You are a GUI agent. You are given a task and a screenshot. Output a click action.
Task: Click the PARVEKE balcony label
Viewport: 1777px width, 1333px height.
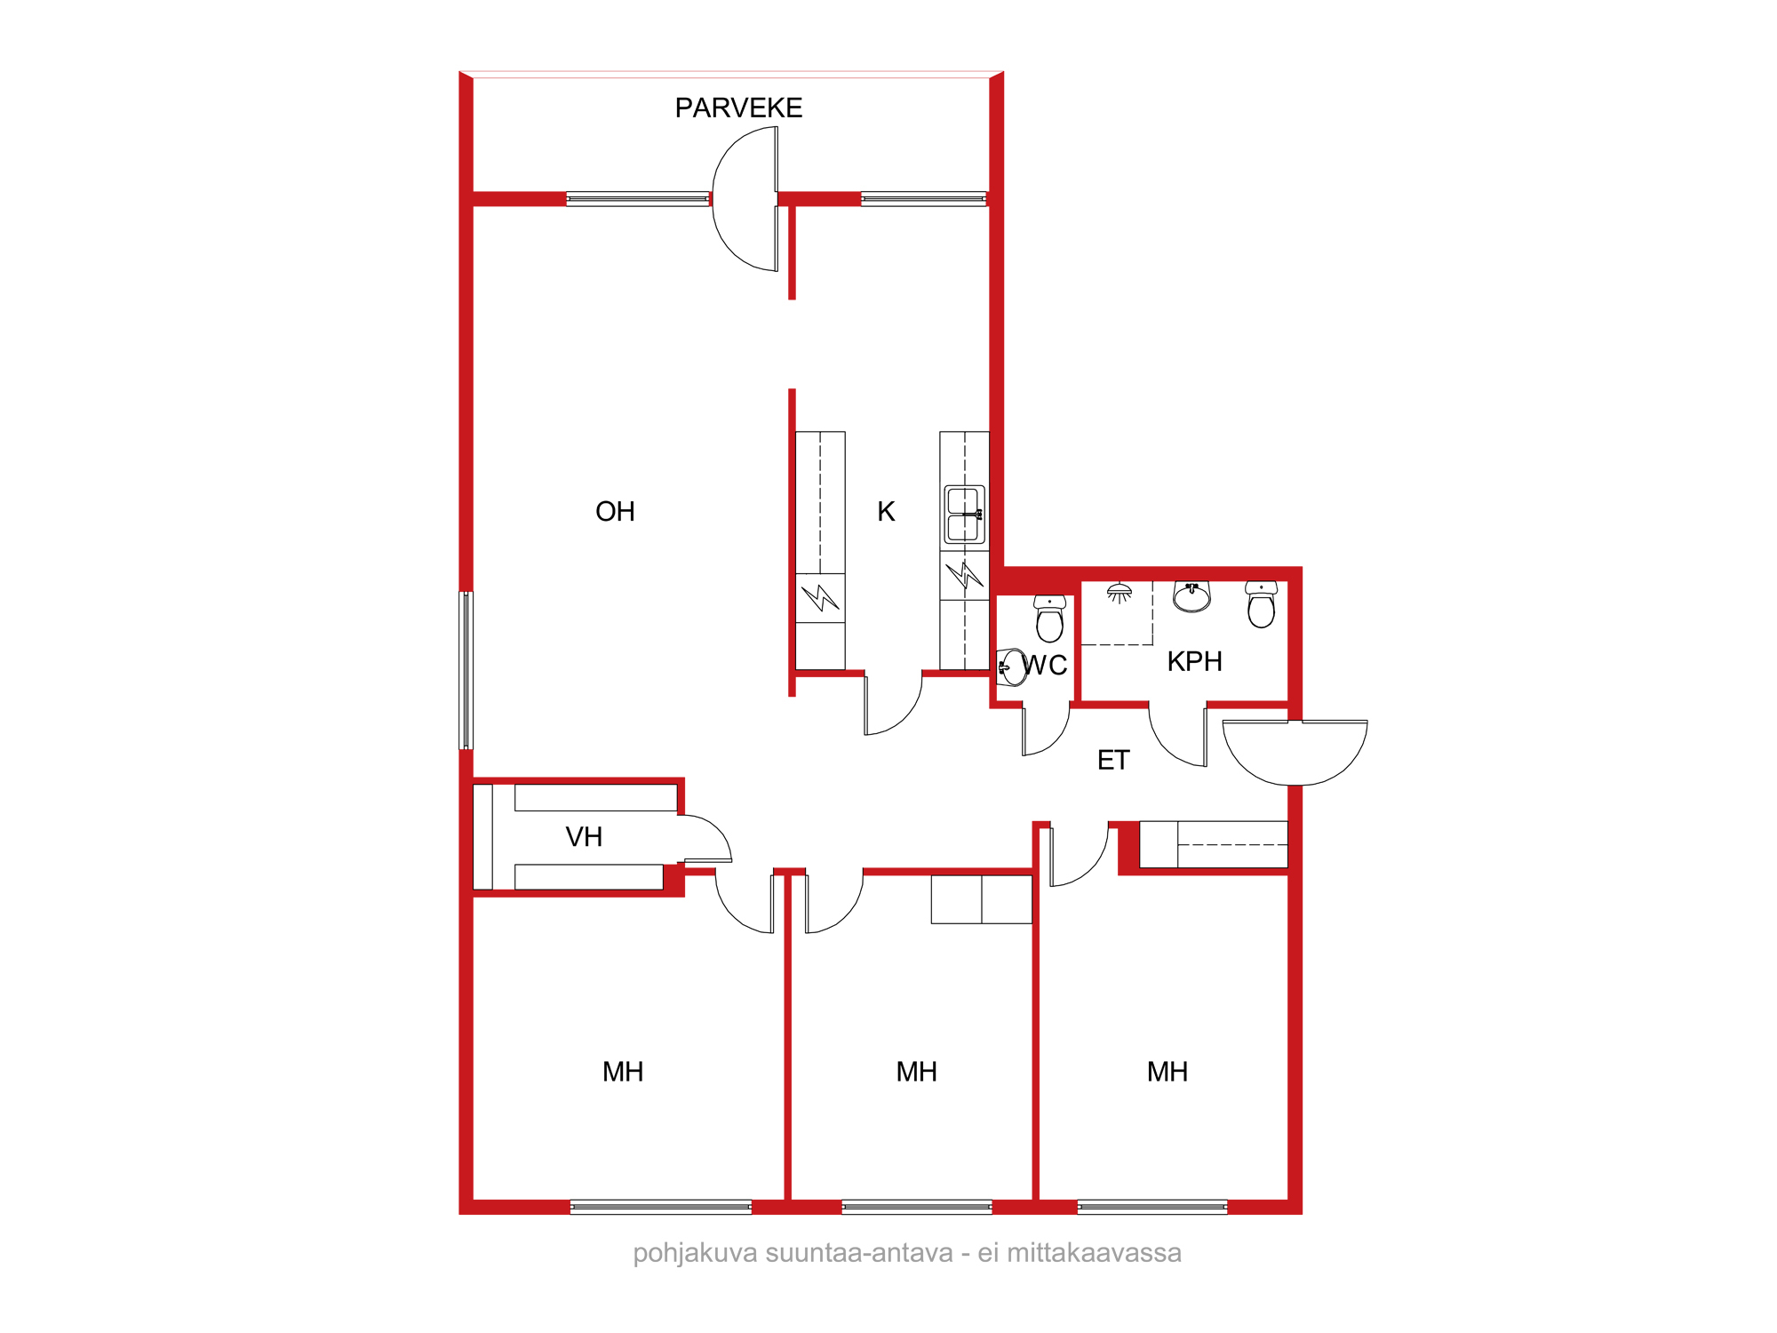[x=738, y=108]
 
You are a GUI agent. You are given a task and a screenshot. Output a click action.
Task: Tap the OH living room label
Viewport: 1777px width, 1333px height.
[x=615, y=511]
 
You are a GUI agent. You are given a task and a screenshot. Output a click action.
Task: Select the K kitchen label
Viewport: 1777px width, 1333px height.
[x=886, y=511]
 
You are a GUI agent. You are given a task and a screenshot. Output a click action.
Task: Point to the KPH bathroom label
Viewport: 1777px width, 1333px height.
[x=1194, y=661]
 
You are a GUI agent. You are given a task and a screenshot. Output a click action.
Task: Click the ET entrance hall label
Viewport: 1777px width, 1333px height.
[x=1113, y=760]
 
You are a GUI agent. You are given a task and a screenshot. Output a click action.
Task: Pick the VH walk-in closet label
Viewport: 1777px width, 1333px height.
[x=584, y=836]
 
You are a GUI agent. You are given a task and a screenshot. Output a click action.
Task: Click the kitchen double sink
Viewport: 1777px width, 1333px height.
[x=964, y=514]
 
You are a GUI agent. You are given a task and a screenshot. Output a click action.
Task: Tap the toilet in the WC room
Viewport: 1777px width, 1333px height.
[x=1049, y=619]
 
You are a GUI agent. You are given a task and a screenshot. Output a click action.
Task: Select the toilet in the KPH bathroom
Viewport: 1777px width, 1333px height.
[x=1261, y=604]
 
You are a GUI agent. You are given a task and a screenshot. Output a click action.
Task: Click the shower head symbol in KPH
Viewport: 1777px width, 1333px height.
[x=1120, y=593]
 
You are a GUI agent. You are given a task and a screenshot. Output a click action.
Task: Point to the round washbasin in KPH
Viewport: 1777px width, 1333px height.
[x=1191, y=597]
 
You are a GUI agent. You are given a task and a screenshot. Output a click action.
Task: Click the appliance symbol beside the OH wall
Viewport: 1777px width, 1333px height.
[x=820, y=598]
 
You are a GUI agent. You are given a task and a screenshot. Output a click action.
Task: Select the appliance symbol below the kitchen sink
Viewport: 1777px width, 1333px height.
[x=964, y=576]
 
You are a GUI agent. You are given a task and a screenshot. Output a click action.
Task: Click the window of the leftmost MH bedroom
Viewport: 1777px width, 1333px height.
[x=661, y=1207]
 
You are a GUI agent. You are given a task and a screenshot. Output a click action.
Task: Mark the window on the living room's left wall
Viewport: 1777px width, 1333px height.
[x=466, y=671]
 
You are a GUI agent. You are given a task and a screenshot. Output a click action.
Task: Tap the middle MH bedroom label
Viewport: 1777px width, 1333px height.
[x=916, y=1072]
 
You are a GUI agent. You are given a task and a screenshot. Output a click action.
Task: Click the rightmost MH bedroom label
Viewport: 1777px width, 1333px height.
[x=1167, y=1072]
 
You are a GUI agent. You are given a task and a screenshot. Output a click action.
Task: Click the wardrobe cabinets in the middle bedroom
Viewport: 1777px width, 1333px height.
[x=982, y=899]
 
